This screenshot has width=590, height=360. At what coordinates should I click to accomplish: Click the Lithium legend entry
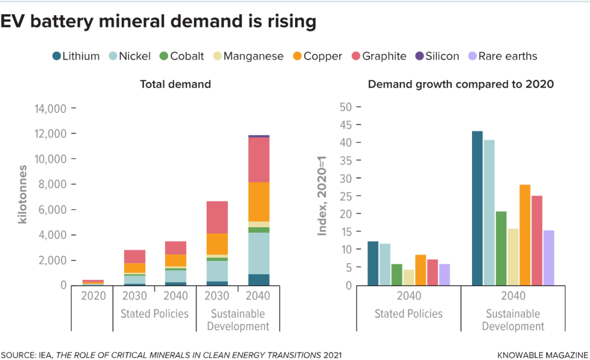76,56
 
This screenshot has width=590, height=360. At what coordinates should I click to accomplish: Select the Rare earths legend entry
503,56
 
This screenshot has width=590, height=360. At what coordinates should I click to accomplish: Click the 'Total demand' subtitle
175,84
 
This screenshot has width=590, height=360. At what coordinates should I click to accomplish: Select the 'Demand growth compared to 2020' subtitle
461,84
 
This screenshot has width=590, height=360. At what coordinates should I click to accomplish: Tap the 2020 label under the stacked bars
93,296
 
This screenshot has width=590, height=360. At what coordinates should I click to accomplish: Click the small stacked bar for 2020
93,282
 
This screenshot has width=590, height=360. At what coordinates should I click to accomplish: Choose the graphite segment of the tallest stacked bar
258,160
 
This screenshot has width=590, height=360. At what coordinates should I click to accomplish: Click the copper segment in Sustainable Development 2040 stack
258,202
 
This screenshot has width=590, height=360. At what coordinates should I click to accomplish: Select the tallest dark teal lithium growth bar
477,208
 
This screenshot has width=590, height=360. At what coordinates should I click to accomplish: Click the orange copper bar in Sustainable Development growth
524,234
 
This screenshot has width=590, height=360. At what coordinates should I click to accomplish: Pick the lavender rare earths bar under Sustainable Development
548,257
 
